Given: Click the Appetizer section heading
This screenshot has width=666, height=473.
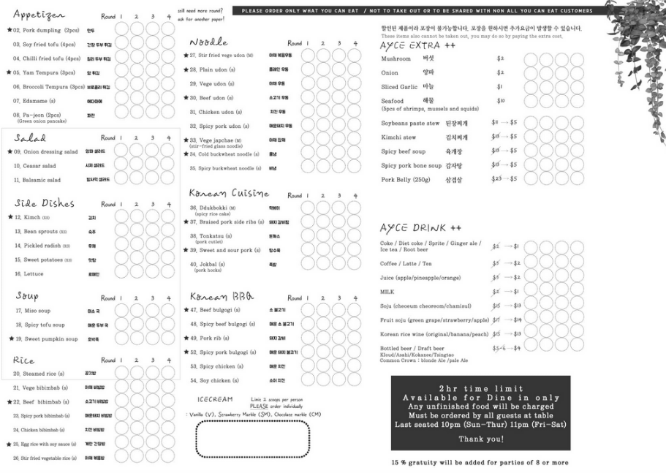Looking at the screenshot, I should (x=39, y=15).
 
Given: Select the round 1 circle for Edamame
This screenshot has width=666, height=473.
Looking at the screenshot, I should (x=121, y=100).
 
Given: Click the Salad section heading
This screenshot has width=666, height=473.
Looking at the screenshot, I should (x=30, y=137).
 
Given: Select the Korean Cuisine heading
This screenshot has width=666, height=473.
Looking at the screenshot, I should (x=229, y=194).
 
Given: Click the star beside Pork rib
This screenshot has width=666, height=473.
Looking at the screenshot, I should (x=186, y=338).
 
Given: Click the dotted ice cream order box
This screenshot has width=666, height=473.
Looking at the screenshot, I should (x=252, y=438).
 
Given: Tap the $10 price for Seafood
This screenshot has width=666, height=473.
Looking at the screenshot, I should (x=501, y=101).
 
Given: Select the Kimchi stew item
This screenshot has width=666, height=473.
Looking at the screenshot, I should (x=398, y=137).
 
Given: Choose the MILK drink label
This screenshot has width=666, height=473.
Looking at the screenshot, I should (x=387, y=292).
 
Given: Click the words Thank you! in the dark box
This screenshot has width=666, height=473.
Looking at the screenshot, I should (x=480, y=439).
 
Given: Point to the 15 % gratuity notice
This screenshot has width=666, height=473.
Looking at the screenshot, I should (x=480, y=462).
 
